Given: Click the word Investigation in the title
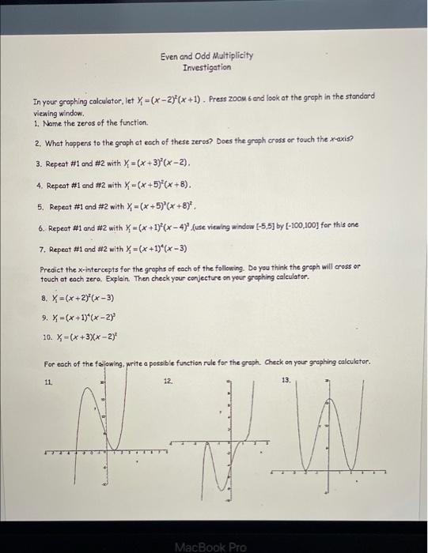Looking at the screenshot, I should point(206,68).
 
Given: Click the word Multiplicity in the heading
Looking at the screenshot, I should point(229,57).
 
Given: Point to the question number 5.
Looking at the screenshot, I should point(41,207).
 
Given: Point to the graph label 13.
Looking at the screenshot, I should point(286,380).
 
